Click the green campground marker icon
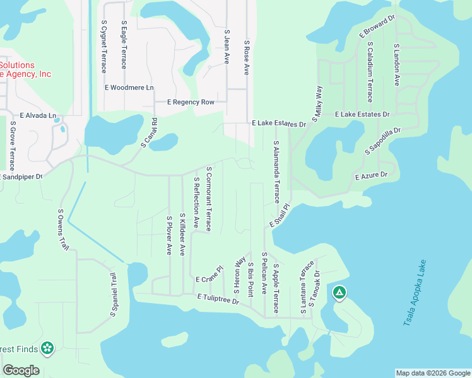tap(339, 292)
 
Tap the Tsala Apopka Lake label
tap(415, 294)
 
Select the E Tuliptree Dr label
tap(218, 299)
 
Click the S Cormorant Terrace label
tap(208, 198)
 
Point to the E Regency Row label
tap(191, 102)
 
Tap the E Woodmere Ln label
tap(129, 88)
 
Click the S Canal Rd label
tap(149, 132)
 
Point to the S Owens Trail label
tap(62, 230)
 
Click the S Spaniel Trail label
tap(114, 294)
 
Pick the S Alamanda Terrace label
tap(276, 172)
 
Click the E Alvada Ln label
tap(38, 116)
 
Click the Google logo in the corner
tap(21, 370)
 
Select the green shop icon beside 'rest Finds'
tap(47, 348)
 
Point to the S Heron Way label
tap(240, 275)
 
